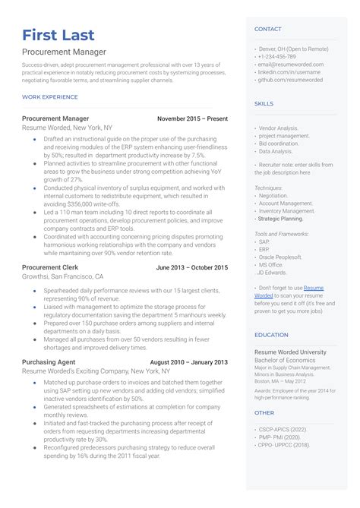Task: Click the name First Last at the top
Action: (58, 35)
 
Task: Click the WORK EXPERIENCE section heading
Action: (50, 97)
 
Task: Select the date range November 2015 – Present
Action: (192, 119)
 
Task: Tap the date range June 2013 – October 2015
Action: (191, 268)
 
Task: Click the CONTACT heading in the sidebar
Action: (267, 30)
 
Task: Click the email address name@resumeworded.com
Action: (291, 65)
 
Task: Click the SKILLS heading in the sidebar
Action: (264, 103)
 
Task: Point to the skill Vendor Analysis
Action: (279, 128)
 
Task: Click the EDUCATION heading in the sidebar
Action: (271, 335)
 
